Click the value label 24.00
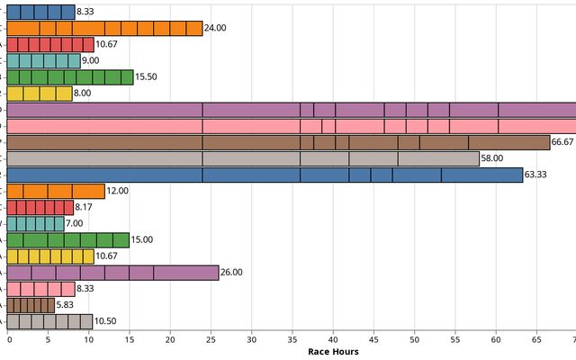[x=215, y=29]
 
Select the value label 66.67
[x=562, y=142]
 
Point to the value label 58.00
[x=492, y=158]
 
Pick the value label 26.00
[x=232, y=272]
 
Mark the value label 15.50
[x=147, y=77]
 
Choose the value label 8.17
[x=86, y=207]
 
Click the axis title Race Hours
[x=333, y=352]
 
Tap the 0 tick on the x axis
[x=9, y=339]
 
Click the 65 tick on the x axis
[x=536, y=339]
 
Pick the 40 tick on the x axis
[x=333, y=339]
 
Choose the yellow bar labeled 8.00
[x=40, y=94]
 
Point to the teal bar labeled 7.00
[x=36, y=223]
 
